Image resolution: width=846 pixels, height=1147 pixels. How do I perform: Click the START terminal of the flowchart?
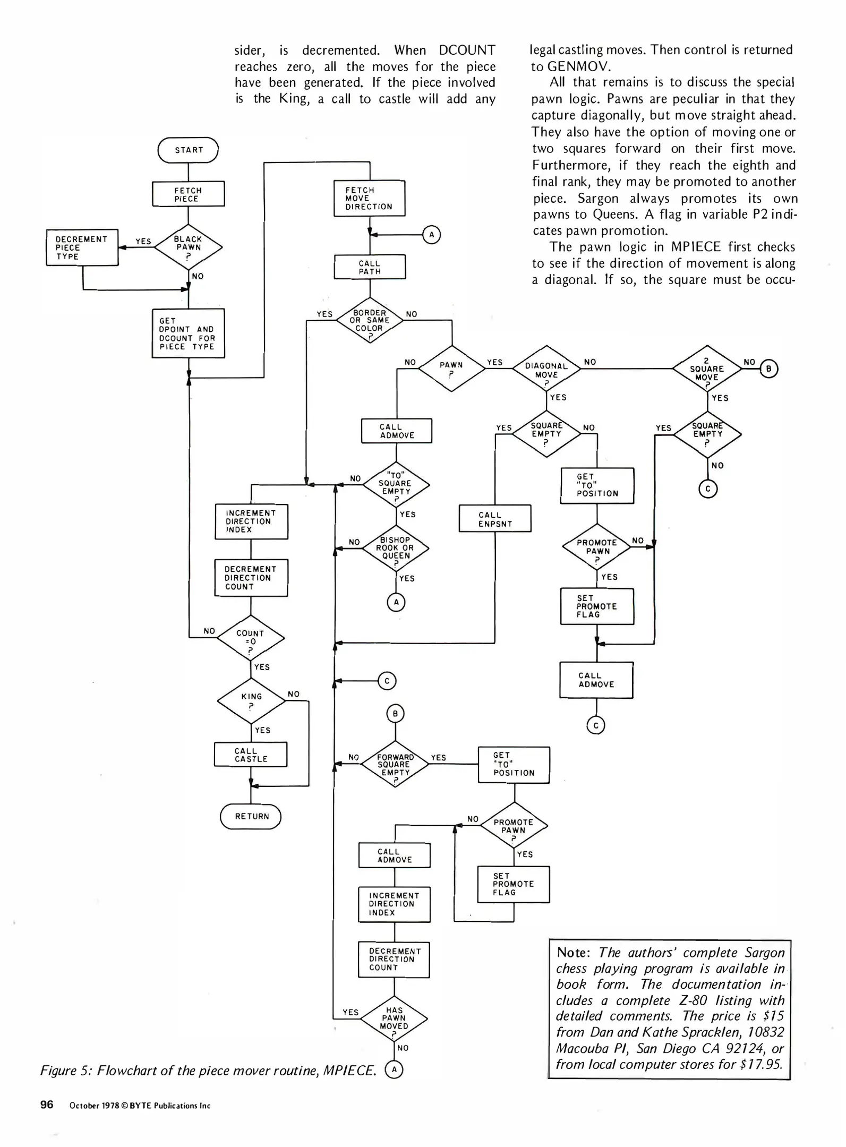pos(188,150)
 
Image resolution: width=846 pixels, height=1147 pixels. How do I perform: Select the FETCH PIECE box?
pos(188,194)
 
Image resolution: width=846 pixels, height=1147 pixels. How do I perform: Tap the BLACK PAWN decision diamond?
pos(189,247)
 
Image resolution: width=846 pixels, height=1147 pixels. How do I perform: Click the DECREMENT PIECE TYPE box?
pos(82,247)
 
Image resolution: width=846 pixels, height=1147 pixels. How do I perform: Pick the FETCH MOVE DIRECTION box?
pos(369,198)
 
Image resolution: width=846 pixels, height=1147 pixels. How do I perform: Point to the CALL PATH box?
pos(370,267)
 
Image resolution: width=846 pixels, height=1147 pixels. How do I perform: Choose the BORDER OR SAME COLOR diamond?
pos(370,321)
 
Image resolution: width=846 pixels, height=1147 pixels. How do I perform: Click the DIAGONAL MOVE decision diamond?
pos(546,370)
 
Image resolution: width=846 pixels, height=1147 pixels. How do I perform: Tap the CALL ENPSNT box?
pos(495,519)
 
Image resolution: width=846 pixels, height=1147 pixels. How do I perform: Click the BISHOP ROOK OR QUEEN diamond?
pos(396,548)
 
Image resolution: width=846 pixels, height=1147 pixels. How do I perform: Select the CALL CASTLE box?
pos(251,755)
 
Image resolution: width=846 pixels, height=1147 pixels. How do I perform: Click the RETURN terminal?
pos(251,816)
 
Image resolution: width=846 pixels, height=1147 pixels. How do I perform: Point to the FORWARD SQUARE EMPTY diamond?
pos(395,765)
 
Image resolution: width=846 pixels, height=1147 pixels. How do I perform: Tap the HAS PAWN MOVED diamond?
pos(394,1018)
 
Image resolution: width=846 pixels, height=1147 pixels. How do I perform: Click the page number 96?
pos(47,1105)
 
